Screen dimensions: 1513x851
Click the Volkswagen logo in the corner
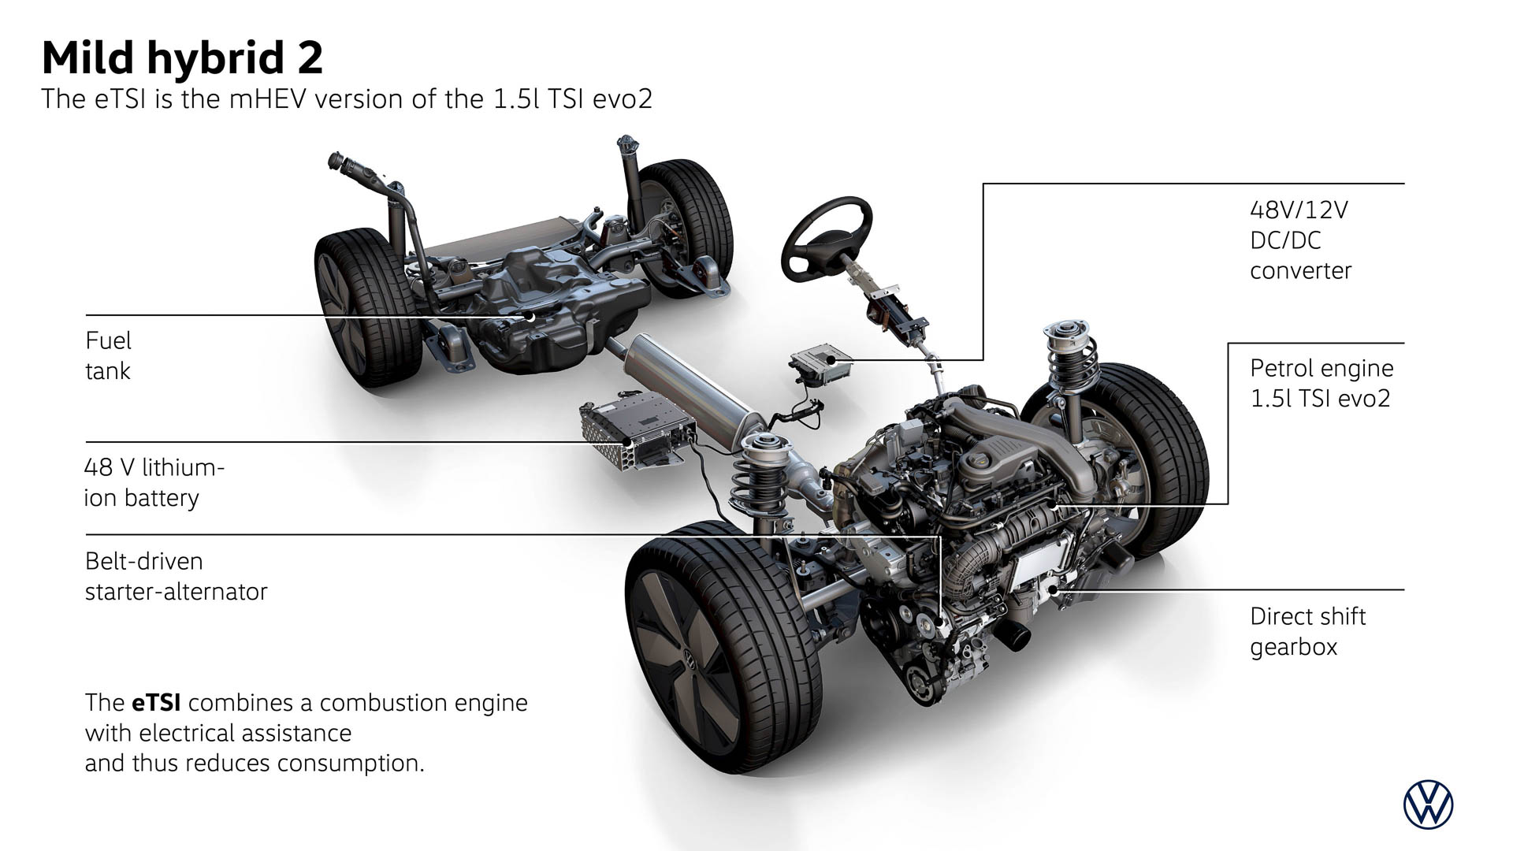click(x=1428, y=805)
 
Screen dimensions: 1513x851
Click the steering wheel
click(x=827, y=239)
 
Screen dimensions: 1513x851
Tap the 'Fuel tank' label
click(x=109, y=355)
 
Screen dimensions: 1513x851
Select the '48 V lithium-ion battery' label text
click(x=154, y=482)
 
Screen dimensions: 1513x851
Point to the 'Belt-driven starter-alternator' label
click(x=176, y=576)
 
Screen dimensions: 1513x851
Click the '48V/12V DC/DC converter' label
click(x=1300, y=240)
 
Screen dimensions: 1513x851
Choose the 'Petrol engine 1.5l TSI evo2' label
click(x=1322, y=383)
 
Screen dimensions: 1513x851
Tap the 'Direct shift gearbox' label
click(x=1307, y=631)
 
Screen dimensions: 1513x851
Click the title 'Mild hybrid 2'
click(x=182, y=58)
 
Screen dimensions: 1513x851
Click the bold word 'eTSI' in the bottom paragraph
click(x=151, y=702)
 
